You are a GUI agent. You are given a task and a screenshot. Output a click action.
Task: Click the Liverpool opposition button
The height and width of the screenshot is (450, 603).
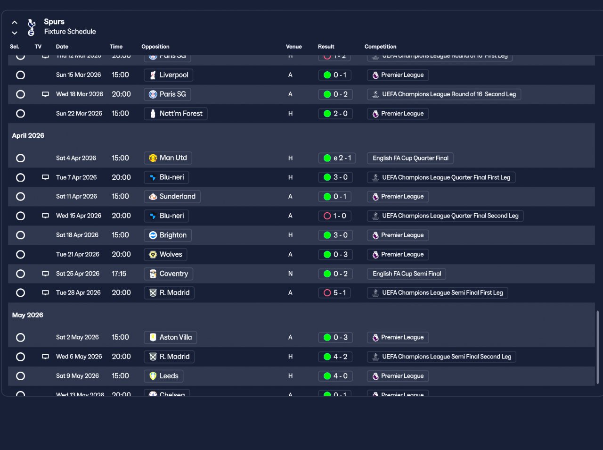168,75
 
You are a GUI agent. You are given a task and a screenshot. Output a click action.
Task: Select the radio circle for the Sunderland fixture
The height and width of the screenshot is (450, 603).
20,197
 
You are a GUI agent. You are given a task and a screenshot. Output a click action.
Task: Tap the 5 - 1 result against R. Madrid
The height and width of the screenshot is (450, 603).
334,293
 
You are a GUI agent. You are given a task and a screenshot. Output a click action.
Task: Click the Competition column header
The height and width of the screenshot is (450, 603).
380,47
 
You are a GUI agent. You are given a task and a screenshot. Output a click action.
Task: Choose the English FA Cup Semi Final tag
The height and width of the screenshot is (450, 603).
407,274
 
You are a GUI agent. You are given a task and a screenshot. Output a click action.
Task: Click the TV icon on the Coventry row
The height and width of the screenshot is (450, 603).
45,274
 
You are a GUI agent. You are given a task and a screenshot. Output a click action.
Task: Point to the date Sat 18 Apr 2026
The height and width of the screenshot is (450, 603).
77,235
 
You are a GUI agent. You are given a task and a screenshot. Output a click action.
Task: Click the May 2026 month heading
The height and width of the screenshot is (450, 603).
28,315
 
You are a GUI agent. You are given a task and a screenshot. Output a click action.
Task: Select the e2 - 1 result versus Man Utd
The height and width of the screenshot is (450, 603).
337,158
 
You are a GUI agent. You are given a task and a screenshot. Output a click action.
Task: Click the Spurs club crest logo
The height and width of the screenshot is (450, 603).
32,27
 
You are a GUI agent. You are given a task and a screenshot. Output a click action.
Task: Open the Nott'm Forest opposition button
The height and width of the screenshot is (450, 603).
175,114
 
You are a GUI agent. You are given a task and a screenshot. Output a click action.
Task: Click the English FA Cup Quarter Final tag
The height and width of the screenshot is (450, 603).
410,158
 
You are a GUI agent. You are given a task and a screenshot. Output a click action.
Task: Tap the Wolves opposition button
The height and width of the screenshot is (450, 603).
165,254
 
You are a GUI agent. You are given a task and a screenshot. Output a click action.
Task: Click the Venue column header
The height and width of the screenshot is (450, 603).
293,47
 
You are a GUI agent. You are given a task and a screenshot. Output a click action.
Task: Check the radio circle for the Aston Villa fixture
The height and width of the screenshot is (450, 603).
20,337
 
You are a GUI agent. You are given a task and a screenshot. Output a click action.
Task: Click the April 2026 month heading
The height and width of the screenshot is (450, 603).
28,135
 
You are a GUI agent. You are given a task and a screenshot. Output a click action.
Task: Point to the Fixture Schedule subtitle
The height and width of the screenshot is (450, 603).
70,32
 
